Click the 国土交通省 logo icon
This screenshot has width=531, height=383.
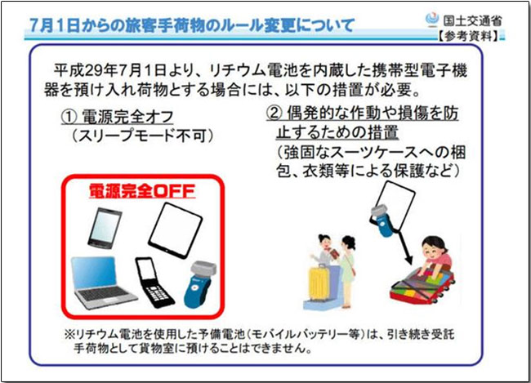[431, 19]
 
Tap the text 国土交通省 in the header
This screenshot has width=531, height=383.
[472, 20]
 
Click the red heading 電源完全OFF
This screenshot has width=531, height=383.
[142, 190]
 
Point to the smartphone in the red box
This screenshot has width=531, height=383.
[105, 227]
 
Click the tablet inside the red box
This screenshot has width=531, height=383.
[175, 229]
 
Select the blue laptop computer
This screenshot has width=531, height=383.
[101, 283]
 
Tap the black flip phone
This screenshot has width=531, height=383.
[154, 282]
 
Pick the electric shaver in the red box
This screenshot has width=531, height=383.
[200, 284]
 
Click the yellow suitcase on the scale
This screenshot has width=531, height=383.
[319, 282]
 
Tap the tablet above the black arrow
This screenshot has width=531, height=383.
[396, 206]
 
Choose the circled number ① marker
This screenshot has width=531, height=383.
[69, 117]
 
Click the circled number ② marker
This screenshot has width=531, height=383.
[274, 114]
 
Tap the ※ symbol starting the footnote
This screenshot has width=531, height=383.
[69, 335]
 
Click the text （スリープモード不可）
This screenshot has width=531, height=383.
[143, 136]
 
